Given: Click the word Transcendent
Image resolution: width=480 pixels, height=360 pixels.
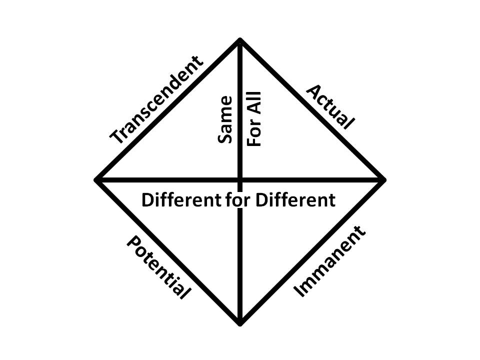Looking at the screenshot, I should pyautogui.click(x=156, y=100).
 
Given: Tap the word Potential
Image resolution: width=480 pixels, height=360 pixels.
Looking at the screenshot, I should pyautogui.click(x=158, y=267).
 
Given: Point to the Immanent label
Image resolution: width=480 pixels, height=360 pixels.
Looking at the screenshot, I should pyautogui.click(x=329, y=261).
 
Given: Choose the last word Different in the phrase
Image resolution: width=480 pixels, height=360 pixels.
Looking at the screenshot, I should pyautogui.click(x=295, y=200).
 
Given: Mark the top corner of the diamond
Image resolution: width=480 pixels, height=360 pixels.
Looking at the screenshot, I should pyautogui.click(x=240, y=39).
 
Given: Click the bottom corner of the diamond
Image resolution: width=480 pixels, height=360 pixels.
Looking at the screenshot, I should pyautogui.click(x=240, y=323).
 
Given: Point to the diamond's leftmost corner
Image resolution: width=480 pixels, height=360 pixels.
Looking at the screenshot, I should pyautogui.click(x=97, y=179).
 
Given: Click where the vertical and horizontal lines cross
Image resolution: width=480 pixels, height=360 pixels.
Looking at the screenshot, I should pyautogui.click(x=240, y=179).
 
